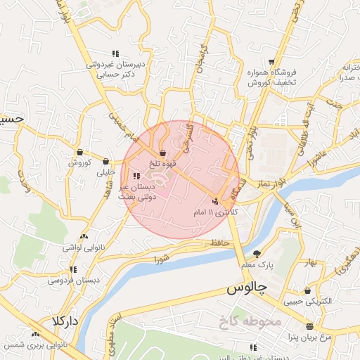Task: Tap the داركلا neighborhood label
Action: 65,321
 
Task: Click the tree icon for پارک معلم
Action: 257,254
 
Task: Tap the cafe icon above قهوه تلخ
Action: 162,153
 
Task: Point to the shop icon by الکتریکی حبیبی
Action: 307,290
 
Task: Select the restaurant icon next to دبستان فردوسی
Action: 72,269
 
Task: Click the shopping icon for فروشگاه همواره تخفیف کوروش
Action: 279,60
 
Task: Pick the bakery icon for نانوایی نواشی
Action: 84,236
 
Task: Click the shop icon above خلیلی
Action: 105,160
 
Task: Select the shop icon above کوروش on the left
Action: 80,152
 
